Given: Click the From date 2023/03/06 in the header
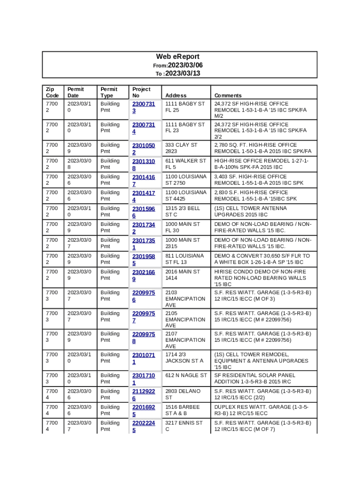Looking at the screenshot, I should tap(185, 65).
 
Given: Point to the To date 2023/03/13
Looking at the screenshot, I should tap(182, 74).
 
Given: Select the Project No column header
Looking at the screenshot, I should tap(141, 92).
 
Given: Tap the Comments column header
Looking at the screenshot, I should tap(228, 95).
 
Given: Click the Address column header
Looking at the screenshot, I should tap(176, 95).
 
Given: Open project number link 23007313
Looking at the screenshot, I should tap(143, 107).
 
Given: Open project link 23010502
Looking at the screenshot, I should tap(143, 148).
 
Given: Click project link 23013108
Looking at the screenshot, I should tap(143, 164).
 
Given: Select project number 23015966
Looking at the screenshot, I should tap(143, 212).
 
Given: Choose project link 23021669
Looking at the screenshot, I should tap(143, 275).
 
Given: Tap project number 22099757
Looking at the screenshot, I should tap(143, 317).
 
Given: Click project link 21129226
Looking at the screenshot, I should tap(143, 395).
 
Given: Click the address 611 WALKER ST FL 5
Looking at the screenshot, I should tap(185, 164).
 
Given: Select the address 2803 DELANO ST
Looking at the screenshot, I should tap(182, 394).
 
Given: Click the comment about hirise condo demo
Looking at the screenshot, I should tap(260, 278).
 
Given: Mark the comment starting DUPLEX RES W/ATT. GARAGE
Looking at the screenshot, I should tap(260, 410).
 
